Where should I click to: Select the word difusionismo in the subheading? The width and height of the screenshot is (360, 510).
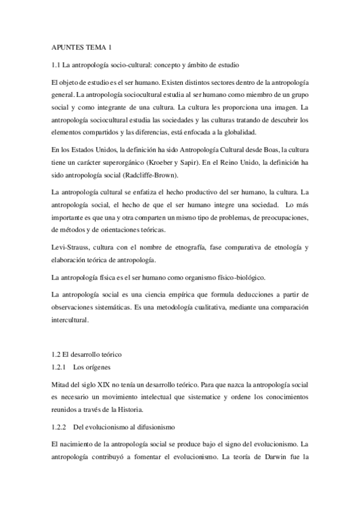150,426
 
